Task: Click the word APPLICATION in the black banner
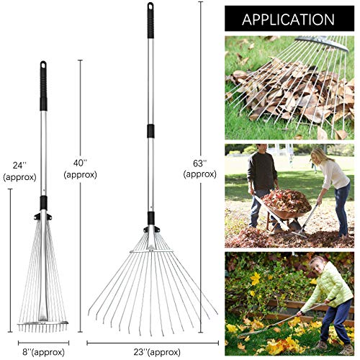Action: (288, 18)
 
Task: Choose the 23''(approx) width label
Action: (151, 344)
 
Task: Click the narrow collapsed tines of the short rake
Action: (42, 288)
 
